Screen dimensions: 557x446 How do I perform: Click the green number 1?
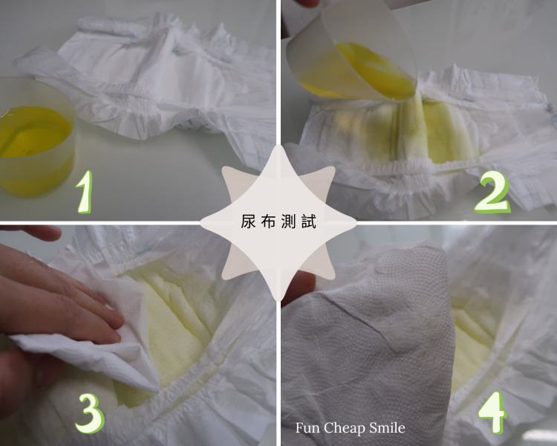click(x=85, y=192)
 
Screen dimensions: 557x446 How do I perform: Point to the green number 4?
click(x=492, y=413)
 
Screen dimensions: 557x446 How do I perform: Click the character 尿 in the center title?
click(x=248, y=222)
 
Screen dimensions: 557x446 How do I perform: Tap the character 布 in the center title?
click(x=268, y=222)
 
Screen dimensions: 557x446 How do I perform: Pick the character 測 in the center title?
click(x=288, y=222)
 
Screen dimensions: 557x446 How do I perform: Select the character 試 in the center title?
click(x=309, y=222)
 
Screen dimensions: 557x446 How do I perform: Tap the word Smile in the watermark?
click(x=387, y=428)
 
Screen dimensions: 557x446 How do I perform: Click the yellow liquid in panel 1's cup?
click(x=33, y=132)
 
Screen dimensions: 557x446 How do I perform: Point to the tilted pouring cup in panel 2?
click(x=352, y=54)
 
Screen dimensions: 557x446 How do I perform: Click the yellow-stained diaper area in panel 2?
click(x=408, y=132)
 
